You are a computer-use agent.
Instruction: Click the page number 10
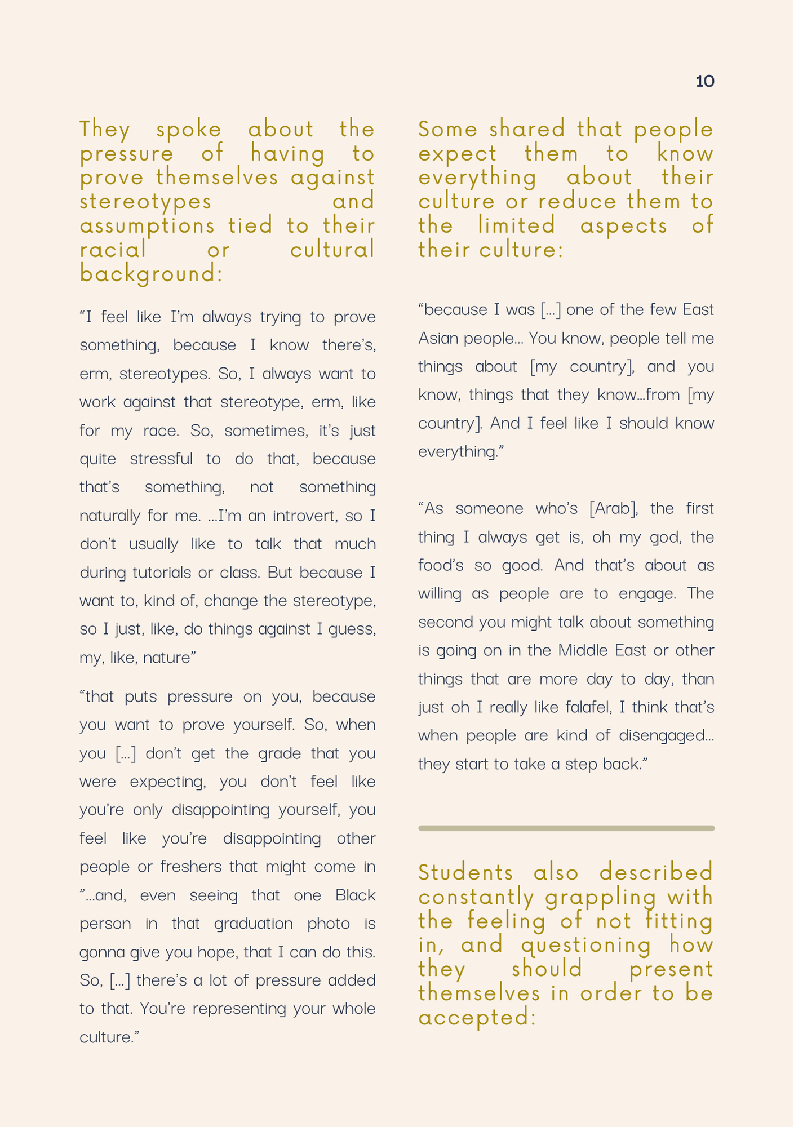coord(705,82)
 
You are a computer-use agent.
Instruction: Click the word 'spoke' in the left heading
coord(189,130)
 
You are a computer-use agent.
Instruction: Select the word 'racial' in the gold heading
coord(113,250)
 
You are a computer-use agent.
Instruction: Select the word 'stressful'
coord(161,459)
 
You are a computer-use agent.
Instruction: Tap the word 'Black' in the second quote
coord(355,895)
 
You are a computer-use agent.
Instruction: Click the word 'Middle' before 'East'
coord(583,650)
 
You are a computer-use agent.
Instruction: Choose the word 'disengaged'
coord(663,735)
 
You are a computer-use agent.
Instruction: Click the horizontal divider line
coord(566,828)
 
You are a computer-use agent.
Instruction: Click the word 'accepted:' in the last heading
coord(477,1018)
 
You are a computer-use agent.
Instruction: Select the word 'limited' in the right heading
coord(516,226)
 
